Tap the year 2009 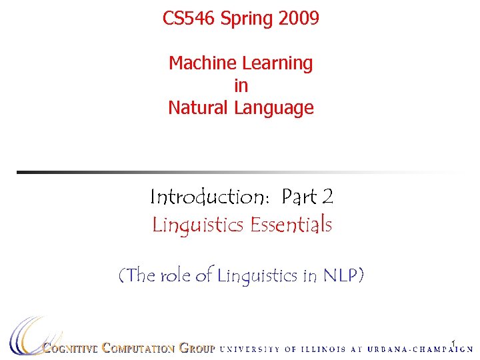pos(299,18)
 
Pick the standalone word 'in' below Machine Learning pos(241,86)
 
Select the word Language pos(273,108)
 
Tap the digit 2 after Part pos(327,197)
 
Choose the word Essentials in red pos(291,225)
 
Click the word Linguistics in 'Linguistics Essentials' pos(198,226)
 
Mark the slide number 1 pos(453,344)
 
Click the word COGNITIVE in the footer pos(71,348)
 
